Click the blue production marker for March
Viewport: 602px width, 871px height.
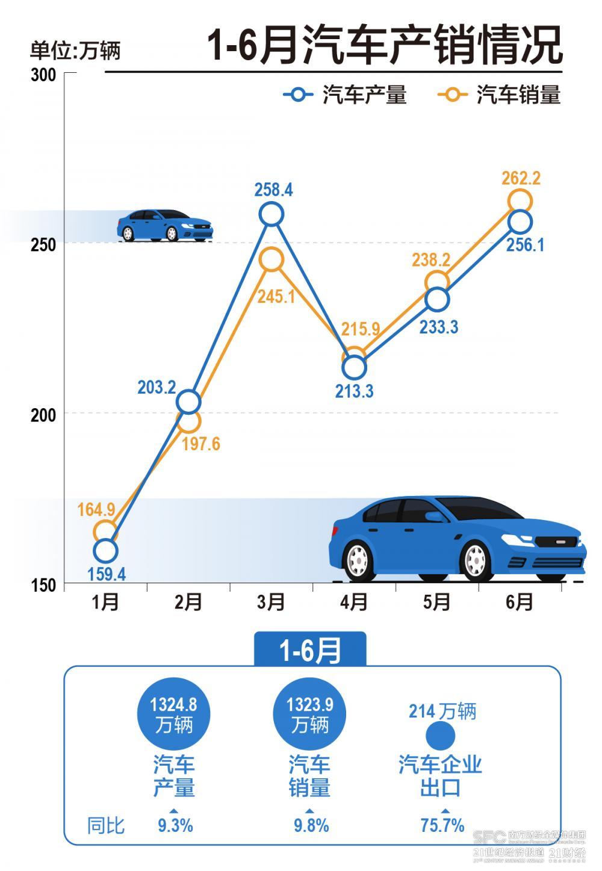coord(272,214)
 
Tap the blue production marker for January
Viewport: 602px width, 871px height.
coord(105,550)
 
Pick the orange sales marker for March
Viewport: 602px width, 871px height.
coord(272,259)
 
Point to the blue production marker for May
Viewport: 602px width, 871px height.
coord(437,299)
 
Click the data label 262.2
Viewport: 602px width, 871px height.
coord(521,178)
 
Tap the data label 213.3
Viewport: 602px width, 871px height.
coord(354,391)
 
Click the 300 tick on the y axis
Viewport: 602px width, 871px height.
coord(43,76)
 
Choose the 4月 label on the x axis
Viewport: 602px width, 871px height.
coord(354,602)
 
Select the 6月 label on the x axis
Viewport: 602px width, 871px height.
coord(520,602)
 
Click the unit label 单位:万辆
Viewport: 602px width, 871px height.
coord(75,51)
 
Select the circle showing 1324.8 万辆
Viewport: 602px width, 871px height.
coord(174,714)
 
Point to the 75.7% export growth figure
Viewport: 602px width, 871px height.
coord(442,825)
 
